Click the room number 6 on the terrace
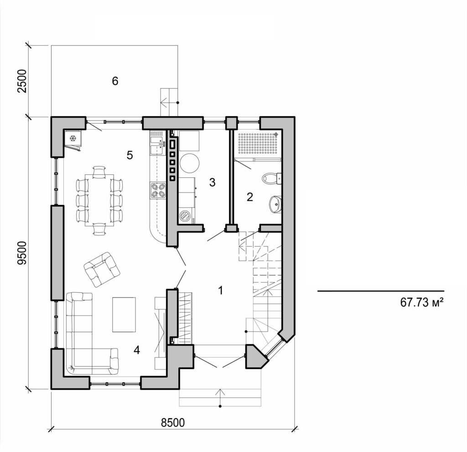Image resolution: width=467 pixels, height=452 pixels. coord(115,81)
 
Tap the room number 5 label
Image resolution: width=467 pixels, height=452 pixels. coord(130,156)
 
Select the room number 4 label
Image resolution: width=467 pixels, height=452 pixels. coord(137,350)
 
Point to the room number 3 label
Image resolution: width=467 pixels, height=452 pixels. coord(212,183)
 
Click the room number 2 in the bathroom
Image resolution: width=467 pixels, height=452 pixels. coord(249,197)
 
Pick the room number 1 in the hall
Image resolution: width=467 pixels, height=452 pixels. coord(221,290)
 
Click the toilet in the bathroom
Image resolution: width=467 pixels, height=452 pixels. coord(272,178)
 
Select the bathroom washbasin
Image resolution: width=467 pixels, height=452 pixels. coord(275,204)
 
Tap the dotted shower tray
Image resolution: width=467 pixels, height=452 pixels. coord(257,144)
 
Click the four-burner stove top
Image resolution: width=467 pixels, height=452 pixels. coord(158,190)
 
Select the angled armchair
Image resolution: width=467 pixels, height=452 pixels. coord(102,269)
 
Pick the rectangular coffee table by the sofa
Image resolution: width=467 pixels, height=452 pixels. coord(124,315)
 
